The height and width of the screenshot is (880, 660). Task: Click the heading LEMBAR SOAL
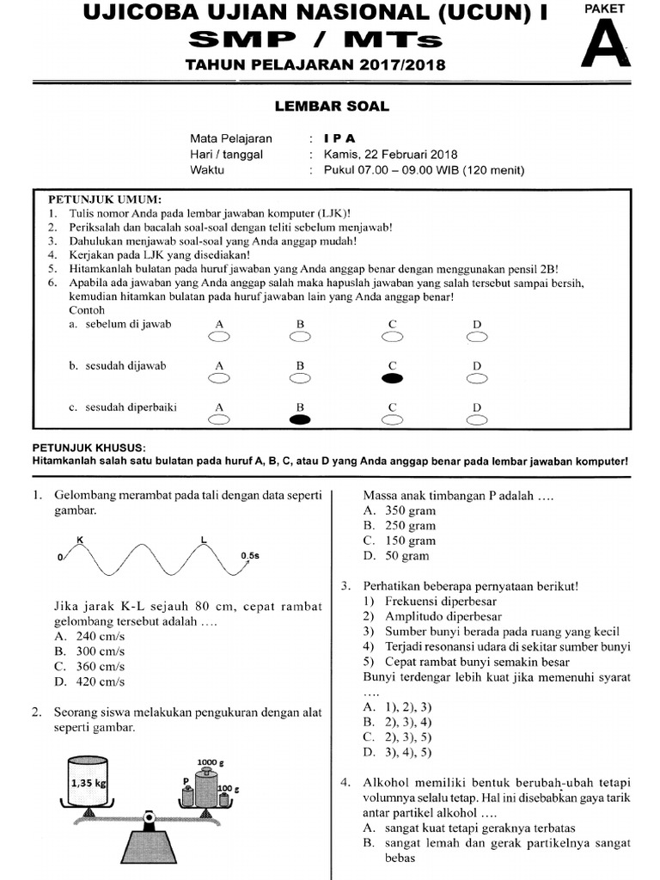[x=332, y=107]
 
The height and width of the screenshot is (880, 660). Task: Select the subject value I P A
[x=339, y=138]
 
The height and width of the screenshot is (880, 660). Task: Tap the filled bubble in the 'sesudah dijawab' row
[x=392, y=377]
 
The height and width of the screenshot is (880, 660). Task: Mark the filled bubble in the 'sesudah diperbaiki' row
[x=301, y=419]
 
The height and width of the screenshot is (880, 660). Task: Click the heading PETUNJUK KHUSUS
[x=89, y=448]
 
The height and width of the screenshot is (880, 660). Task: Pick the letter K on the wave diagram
[x=80, y=540]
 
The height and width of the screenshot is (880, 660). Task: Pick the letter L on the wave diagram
[x=204, y=540]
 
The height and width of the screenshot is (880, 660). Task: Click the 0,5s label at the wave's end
[x=249, y=556]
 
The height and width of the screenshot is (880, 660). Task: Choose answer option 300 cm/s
[x=88, y=651]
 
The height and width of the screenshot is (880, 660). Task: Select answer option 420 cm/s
[x=88, y=681]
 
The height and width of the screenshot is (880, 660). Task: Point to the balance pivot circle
[x=150, y=817]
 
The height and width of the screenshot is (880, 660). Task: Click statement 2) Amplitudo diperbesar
[x=431, y=616]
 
